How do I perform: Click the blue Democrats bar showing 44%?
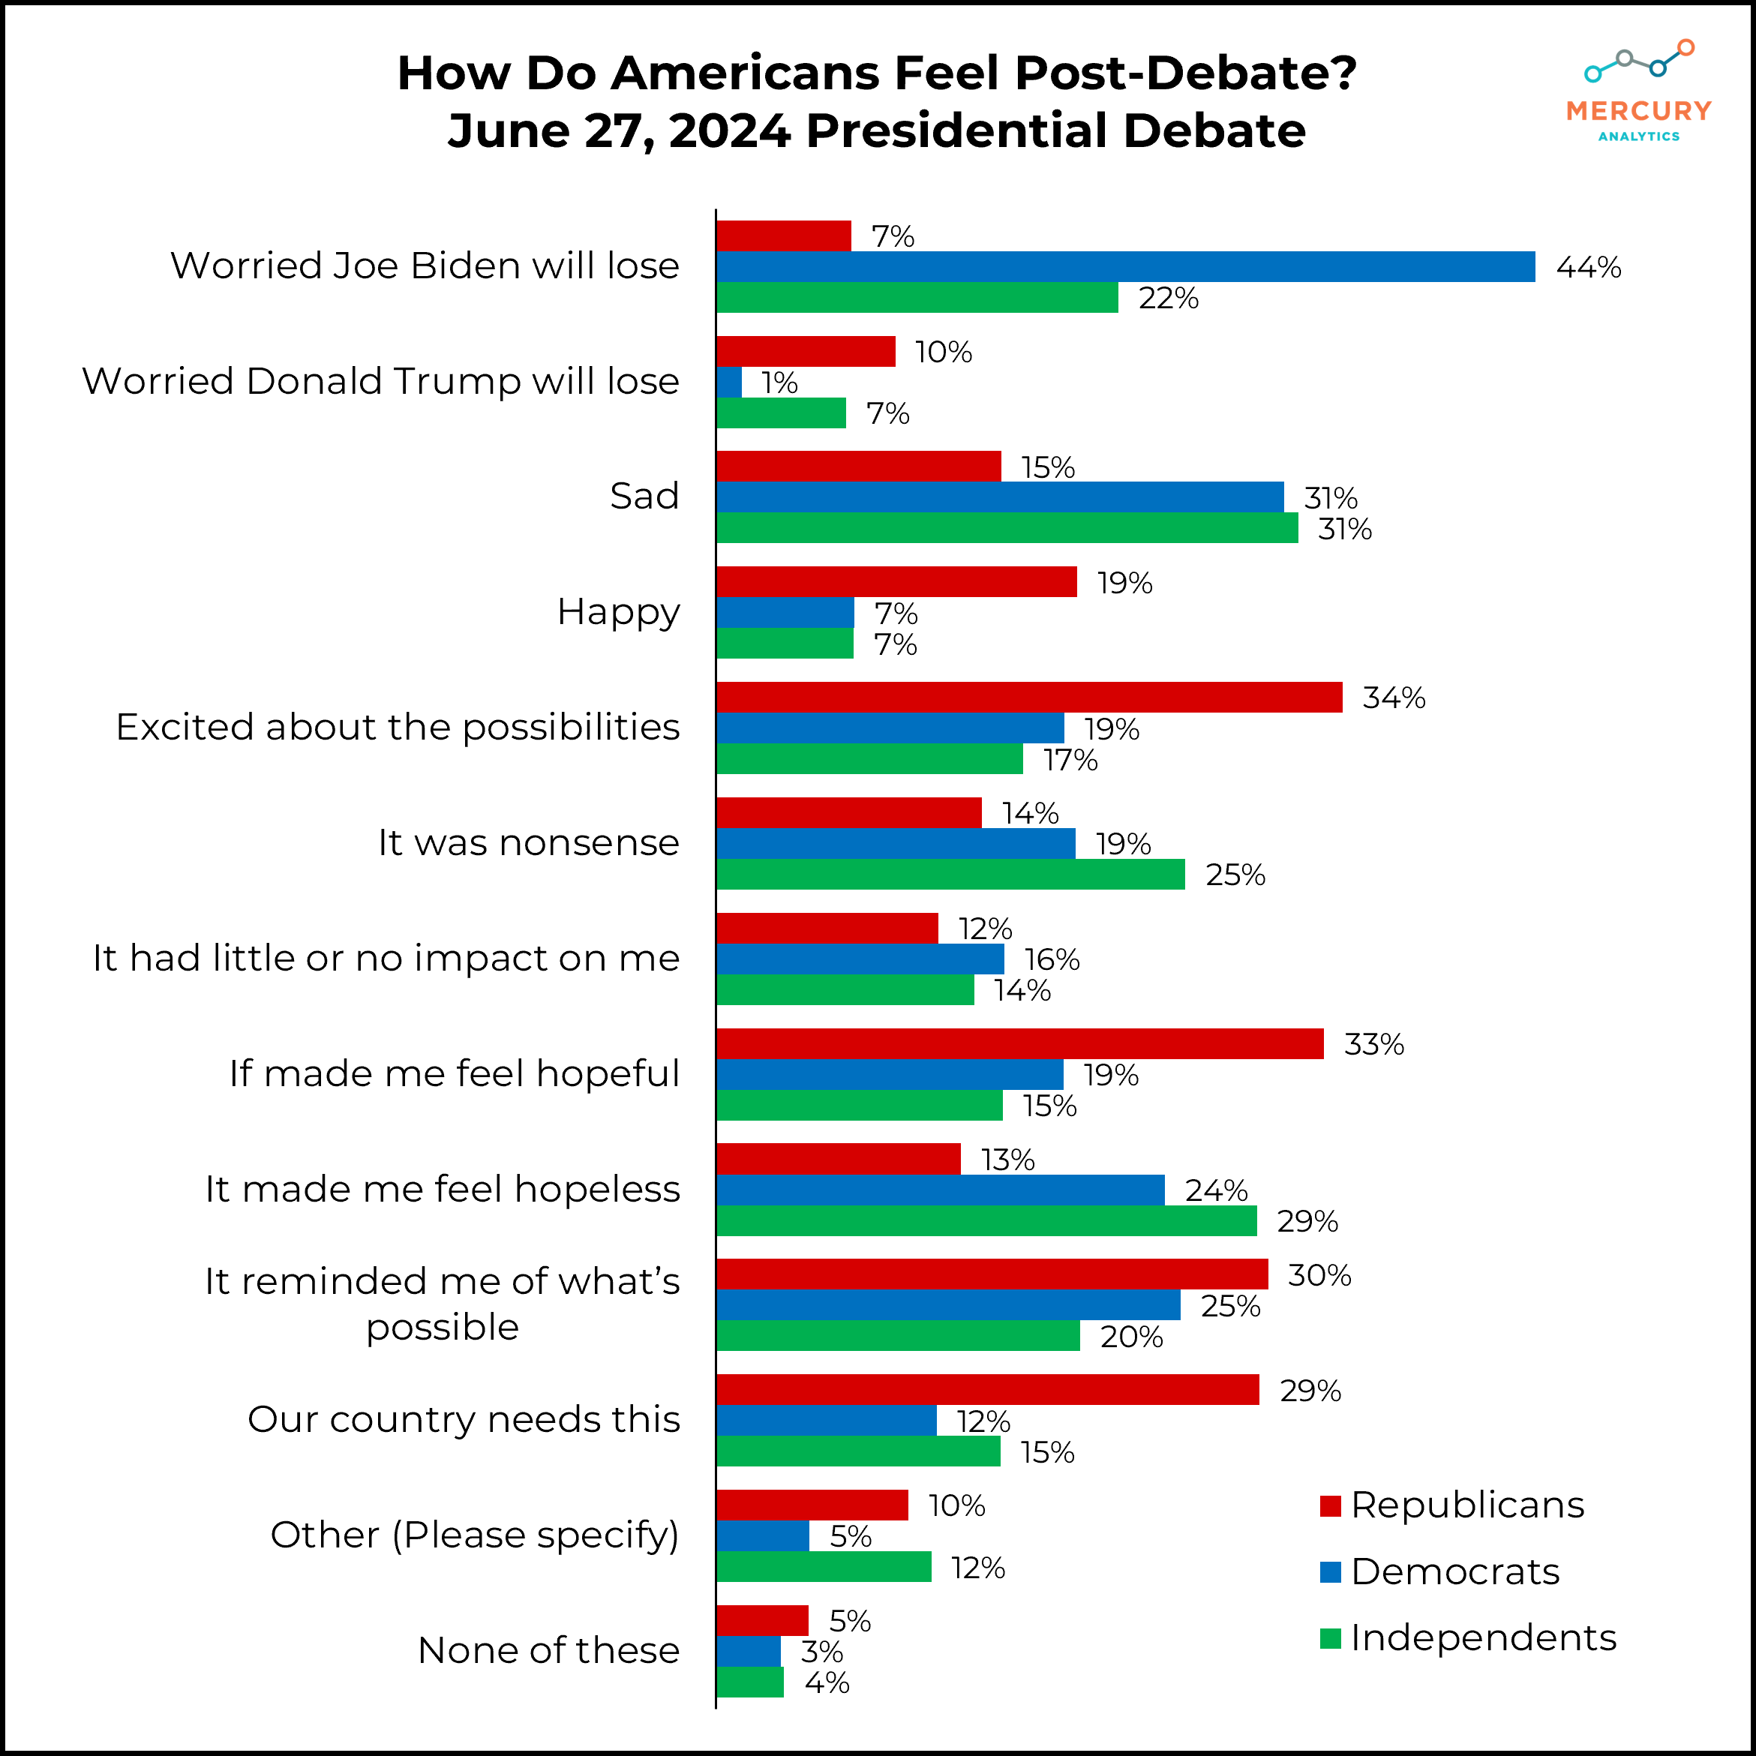[1125, 266]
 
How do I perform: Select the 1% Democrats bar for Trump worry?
[729, 383]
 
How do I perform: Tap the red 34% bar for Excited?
[1029, 697]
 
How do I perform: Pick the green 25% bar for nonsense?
[950, 875]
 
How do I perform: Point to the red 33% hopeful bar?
[1020, 1043]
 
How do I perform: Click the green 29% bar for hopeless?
[986, 1220]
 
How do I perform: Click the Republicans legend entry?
[1451, 1506]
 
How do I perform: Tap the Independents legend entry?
[1468, 1637]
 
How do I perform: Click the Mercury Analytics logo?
[1639, 91]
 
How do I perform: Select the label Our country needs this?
[464, 1420]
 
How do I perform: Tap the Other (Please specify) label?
[475, 1535]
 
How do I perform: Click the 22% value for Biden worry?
[1169, 298]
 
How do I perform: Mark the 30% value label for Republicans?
[1319, 1275]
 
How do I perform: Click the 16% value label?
[1052, 960]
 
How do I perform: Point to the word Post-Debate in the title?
[1185, 73]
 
